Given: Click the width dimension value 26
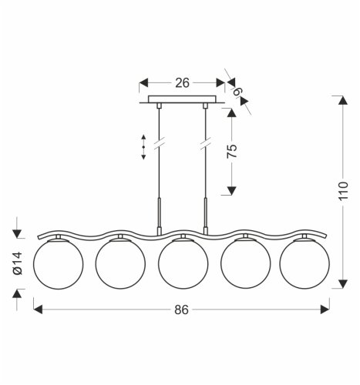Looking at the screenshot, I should point(182,81).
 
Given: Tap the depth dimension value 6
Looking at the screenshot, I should point(237,93).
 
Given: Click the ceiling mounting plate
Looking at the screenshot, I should point(182,101).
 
